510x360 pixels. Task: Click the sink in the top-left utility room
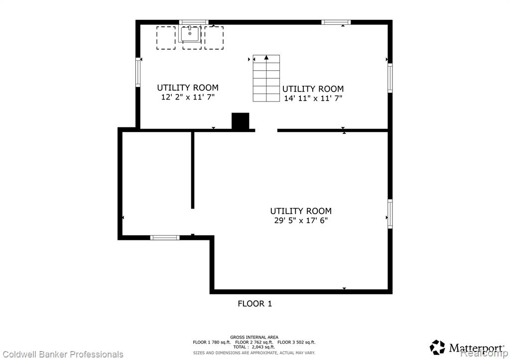[190, 34]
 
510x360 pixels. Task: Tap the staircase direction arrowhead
[266, 58]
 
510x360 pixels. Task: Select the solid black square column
[241, 121]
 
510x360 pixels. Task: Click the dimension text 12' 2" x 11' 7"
[188, 97]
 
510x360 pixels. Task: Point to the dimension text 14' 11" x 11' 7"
[313, 98]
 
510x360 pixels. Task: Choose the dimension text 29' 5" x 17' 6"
[301, 221]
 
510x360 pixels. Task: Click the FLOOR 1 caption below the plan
[255, 304]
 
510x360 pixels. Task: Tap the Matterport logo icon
[437, 348]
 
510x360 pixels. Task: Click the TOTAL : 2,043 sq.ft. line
[254, 347]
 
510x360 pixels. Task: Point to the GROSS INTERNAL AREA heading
[254, 337]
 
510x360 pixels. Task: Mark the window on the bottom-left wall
[165, 238]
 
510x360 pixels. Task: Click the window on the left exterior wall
[138, 72]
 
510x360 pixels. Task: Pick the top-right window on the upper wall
[336, 22]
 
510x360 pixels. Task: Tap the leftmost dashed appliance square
[166, 38]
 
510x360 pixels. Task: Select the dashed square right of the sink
[214, 38]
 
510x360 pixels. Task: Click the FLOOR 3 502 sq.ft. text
[296, 342]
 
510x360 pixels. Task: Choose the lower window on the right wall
[390, 214]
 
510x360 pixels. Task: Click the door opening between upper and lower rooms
[266, 130]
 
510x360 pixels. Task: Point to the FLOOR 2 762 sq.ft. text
[254, 342]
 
